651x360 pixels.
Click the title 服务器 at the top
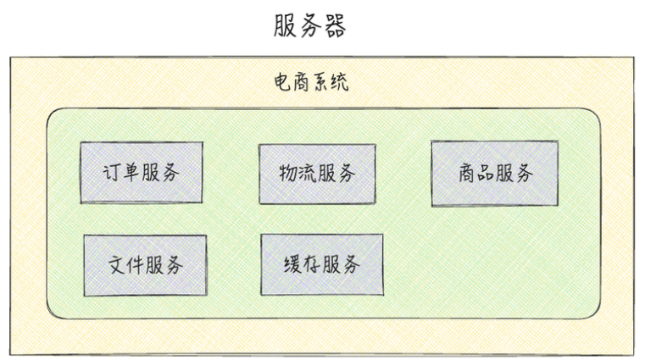309,25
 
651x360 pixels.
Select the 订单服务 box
142,172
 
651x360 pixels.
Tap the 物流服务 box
317,174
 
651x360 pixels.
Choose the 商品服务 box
494,174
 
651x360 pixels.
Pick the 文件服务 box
145,265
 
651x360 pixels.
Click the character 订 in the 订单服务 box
111,173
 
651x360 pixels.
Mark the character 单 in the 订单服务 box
131,173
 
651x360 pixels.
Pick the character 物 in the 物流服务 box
288,174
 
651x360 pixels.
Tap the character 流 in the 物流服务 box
308,174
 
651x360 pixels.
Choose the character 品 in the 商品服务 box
485,174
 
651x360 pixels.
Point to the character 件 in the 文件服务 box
136,265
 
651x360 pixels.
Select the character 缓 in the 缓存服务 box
292,265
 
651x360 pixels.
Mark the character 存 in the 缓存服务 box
312,265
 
